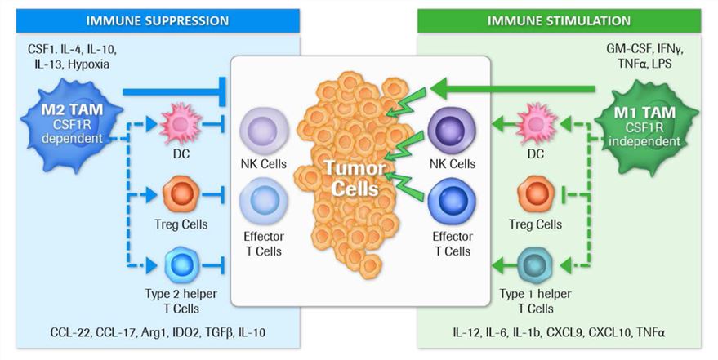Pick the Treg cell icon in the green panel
(536, 196)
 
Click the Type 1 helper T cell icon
(536, 266)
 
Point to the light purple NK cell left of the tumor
(263, 131)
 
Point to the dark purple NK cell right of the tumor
(452, 131)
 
